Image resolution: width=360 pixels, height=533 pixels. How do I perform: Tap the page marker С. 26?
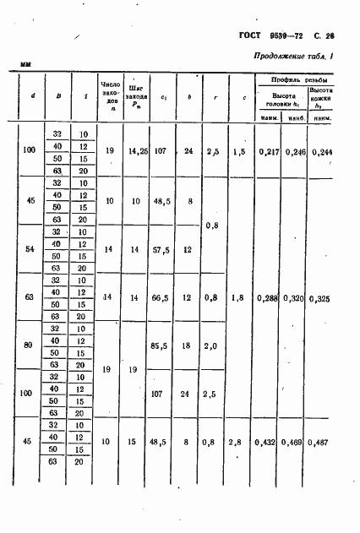click(x=324, y=37)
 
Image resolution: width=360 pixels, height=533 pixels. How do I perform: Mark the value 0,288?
click(x=270, y=298)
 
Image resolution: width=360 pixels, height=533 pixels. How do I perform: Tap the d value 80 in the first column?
click(x=30, y=346)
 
